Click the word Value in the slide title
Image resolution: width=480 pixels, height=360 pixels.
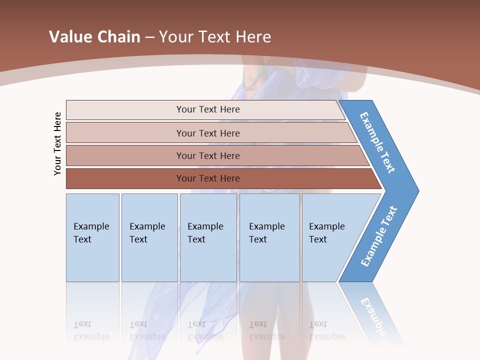coord(70,37)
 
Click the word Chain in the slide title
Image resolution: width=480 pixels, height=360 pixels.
coord(118,37)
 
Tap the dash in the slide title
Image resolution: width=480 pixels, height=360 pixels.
coord(149,37)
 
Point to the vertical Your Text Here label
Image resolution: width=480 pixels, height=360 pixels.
coord(57,143)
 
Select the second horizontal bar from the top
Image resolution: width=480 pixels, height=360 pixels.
coord(208,133)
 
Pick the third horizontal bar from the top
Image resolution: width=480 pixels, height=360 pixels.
coord(208,155)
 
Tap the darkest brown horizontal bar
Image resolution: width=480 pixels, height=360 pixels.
coord(208,178)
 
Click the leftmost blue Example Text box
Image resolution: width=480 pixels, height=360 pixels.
coord(92,237)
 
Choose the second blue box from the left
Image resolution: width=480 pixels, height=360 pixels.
coord(149,237)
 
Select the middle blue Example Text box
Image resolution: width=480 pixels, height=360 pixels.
coord(208,237)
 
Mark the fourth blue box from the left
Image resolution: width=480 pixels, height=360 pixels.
coord(269,237)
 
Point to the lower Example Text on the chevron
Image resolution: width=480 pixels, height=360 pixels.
coord(379,236)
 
